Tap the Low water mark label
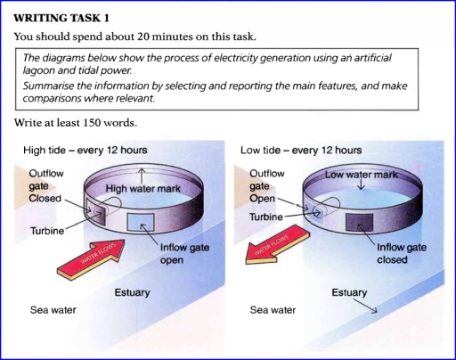[x=361, y=176]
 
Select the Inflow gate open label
[x=186, y=254]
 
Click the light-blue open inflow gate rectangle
[x=142, y=221]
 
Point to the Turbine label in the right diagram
[x=266, y=217]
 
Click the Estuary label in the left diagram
[x=133, y=292]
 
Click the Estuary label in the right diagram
[x=348, y=292]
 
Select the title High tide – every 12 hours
[x=85, y=151]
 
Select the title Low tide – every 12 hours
[x=301, y=151]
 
